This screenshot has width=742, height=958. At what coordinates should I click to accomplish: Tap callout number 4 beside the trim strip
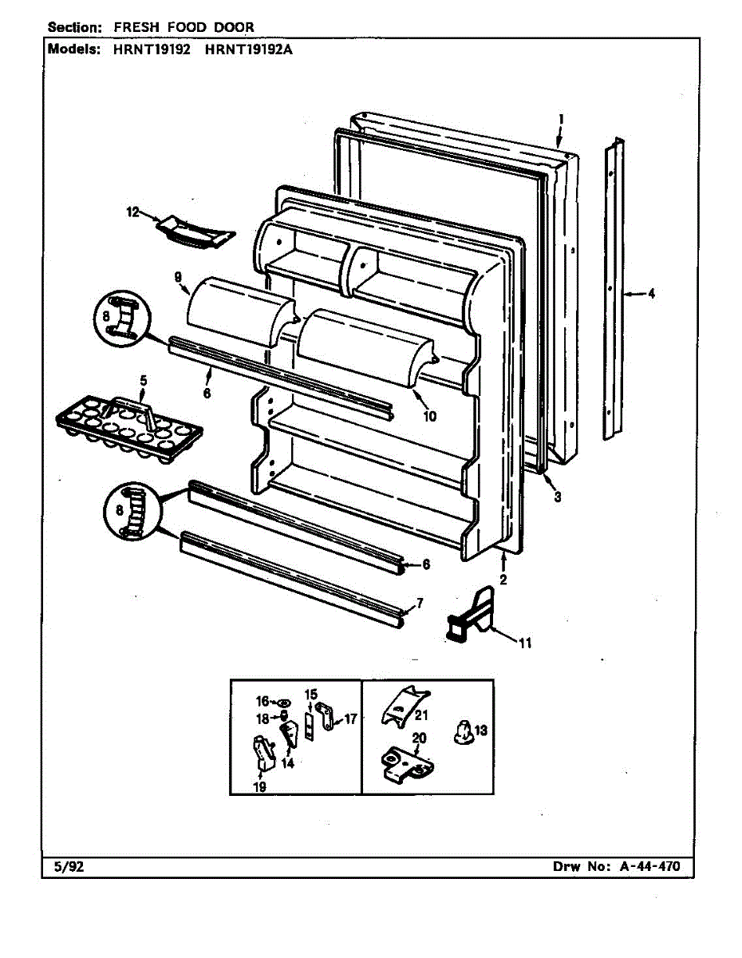click(651, 294)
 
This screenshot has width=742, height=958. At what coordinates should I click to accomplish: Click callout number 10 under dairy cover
click(430, 416)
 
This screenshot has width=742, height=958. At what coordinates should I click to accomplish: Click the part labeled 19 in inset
click(263, 754)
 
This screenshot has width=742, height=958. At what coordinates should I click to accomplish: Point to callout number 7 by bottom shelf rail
click(420, 603)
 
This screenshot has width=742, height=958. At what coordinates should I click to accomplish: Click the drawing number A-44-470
click(648, 866)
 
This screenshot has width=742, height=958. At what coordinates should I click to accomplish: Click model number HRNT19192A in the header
click(250, 48)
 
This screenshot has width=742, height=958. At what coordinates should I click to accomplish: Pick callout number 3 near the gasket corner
click(558, 497)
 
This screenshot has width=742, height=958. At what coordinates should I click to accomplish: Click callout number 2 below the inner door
click(503, 580)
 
